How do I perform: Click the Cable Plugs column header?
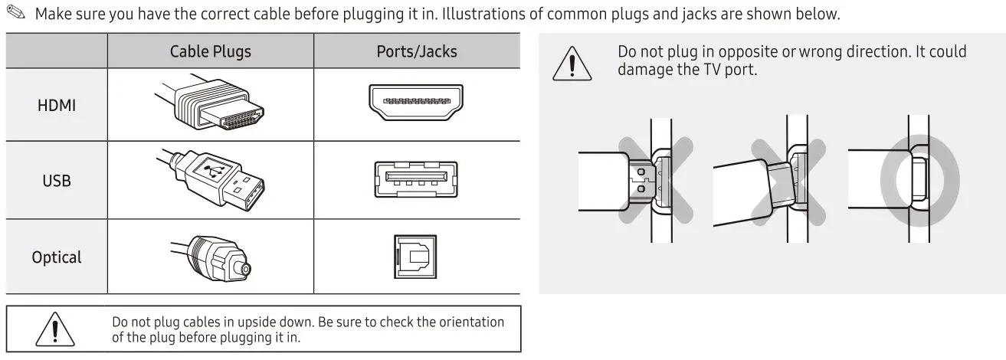coord(210,51)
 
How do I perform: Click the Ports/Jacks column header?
coord(416,51)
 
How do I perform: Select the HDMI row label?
coord(57,106)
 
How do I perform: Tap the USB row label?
coord(57,182)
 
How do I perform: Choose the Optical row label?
coord(57,257)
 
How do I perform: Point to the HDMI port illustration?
coord(416,103)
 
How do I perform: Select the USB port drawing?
coord(416,179)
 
